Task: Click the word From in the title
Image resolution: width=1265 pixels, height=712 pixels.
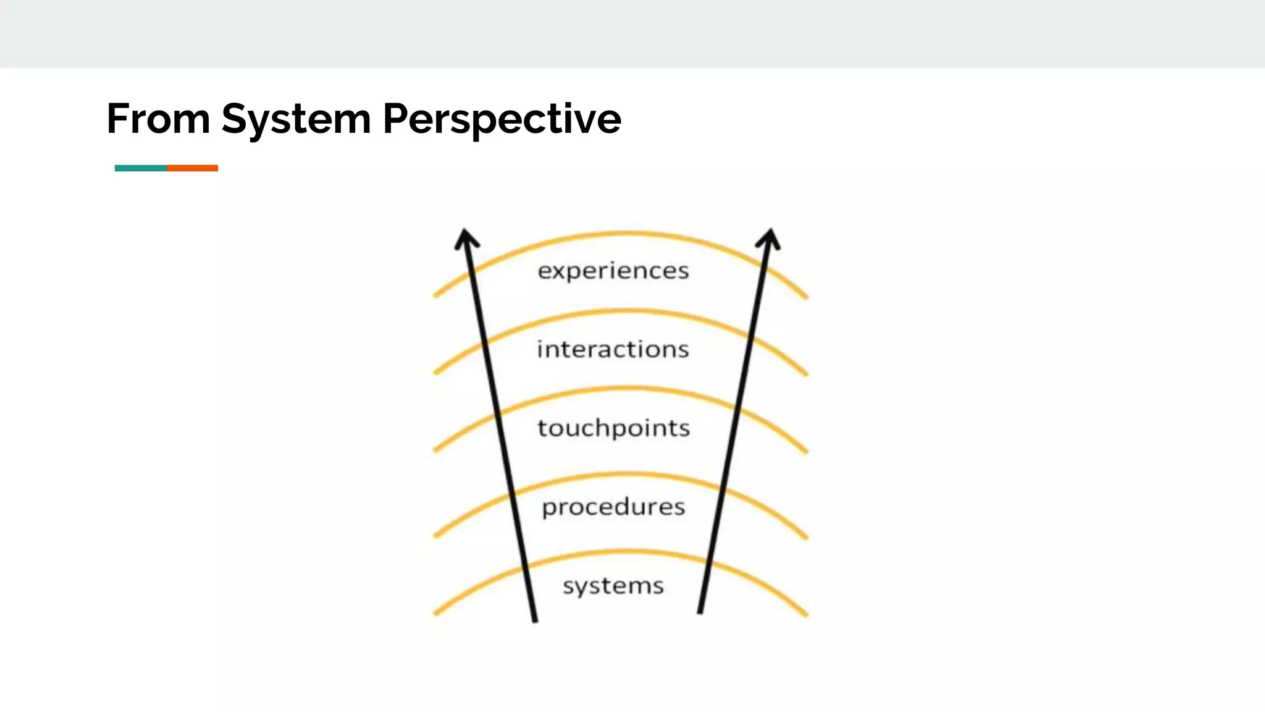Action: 158,119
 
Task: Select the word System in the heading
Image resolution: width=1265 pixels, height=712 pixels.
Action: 296,119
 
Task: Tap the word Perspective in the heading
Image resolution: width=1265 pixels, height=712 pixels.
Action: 502,119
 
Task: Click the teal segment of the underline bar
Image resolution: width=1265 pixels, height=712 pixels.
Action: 140,168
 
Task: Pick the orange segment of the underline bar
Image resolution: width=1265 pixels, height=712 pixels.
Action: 192,168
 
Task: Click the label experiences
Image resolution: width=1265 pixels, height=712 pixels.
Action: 613,271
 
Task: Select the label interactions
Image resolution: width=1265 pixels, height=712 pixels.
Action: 613,349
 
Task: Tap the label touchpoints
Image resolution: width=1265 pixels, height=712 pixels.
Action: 613,428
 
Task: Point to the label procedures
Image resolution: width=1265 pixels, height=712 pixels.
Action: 613,507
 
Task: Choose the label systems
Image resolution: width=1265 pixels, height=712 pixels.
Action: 613,585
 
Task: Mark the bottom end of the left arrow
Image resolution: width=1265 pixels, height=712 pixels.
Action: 535,619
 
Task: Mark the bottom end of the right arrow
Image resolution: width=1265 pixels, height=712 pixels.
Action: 700,611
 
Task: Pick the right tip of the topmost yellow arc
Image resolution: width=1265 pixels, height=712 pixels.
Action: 805,297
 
